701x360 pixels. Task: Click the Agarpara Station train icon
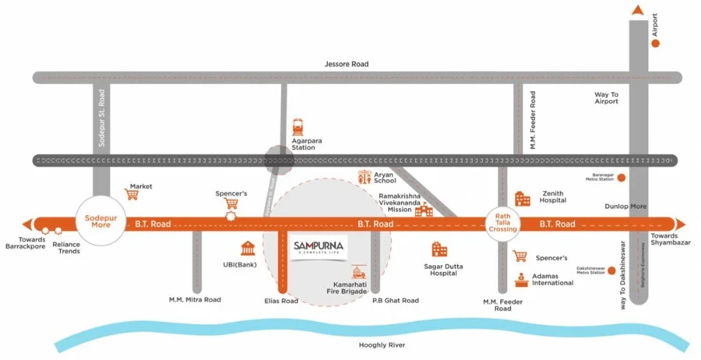tap(298, 127)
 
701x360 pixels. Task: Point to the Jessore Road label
tap(346, 64)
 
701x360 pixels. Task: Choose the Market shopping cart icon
tap(132, 195)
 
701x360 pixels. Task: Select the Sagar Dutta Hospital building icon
tap(439, 249)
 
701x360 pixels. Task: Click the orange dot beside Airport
tap(655, 44)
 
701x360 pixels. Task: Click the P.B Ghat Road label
tap(395, 300)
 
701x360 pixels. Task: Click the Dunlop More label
tap(625, 206)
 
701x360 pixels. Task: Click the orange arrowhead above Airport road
tap(638, 9)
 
